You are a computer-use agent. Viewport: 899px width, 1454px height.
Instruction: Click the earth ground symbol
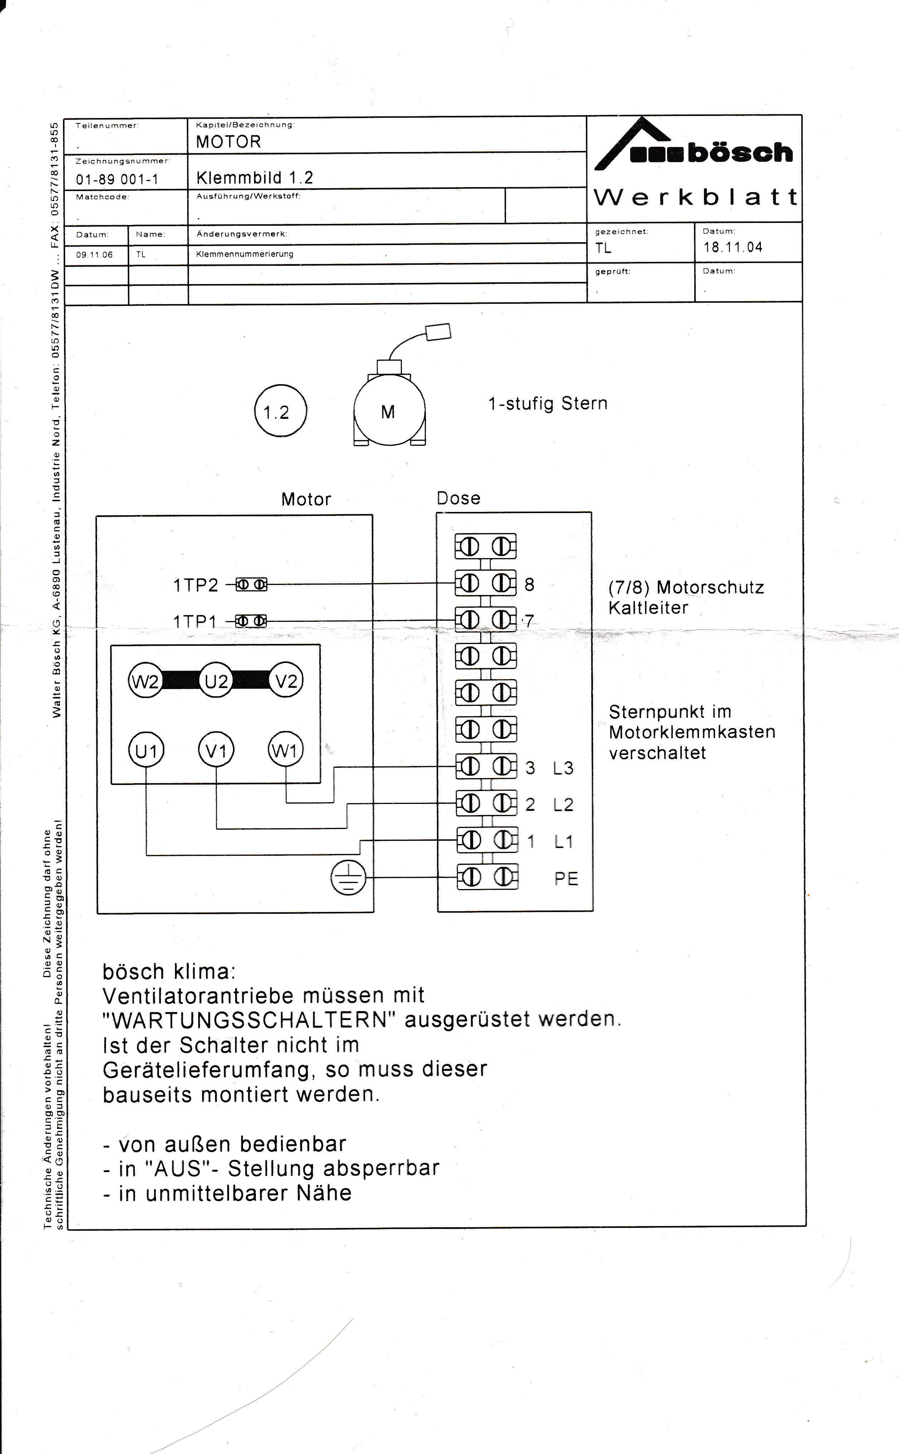click(349, 877)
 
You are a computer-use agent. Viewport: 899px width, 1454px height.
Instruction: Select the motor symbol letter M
click(388, 411)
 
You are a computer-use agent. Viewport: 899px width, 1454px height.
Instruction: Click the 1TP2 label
click(196, 586)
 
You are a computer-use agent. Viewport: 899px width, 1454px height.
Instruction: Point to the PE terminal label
click(566, 879)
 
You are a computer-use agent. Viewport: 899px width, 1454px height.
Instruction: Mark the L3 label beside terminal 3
click(563, 768)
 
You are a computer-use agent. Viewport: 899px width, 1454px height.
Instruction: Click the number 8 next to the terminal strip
click(529, 585)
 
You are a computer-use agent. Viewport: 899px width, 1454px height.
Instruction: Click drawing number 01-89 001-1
click(117, 179)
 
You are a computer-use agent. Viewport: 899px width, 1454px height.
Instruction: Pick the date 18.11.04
click(733, 247)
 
